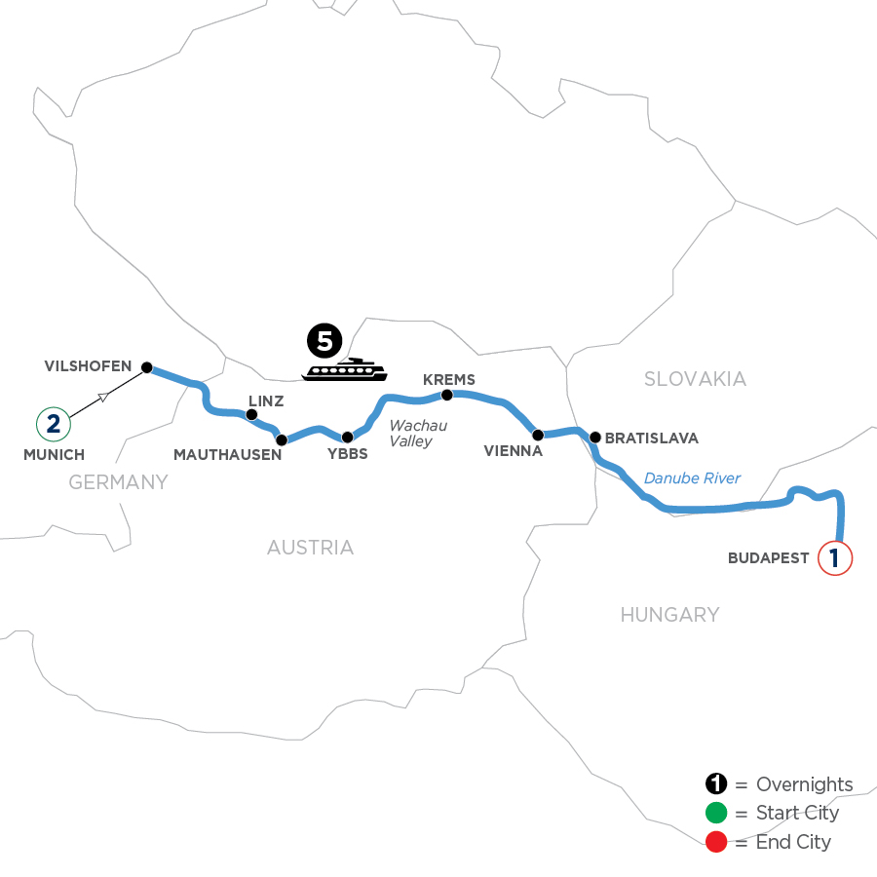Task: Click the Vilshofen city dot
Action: click(147, 367)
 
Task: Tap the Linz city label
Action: click(266, 401)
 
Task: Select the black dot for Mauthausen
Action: click(282, 439)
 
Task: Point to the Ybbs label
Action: click(347, 452)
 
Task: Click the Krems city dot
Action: click(447, 395)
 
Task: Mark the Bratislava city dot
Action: click(594, 436)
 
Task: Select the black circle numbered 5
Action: click(324, 341)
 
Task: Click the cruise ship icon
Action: click(344, 369)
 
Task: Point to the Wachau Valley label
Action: click(418, 434)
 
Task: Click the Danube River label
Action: click(692, 477)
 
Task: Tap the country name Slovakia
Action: click(695, 379)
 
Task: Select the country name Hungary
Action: click(669, 614)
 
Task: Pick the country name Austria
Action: click(310, 548)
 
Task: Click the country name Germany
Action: click(118, 481)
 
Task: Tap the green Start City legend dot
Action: click(717, 813)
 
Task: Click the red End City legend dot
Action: click(717, 841)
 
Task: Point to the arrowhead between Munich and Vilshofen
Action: click(103, 396)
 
